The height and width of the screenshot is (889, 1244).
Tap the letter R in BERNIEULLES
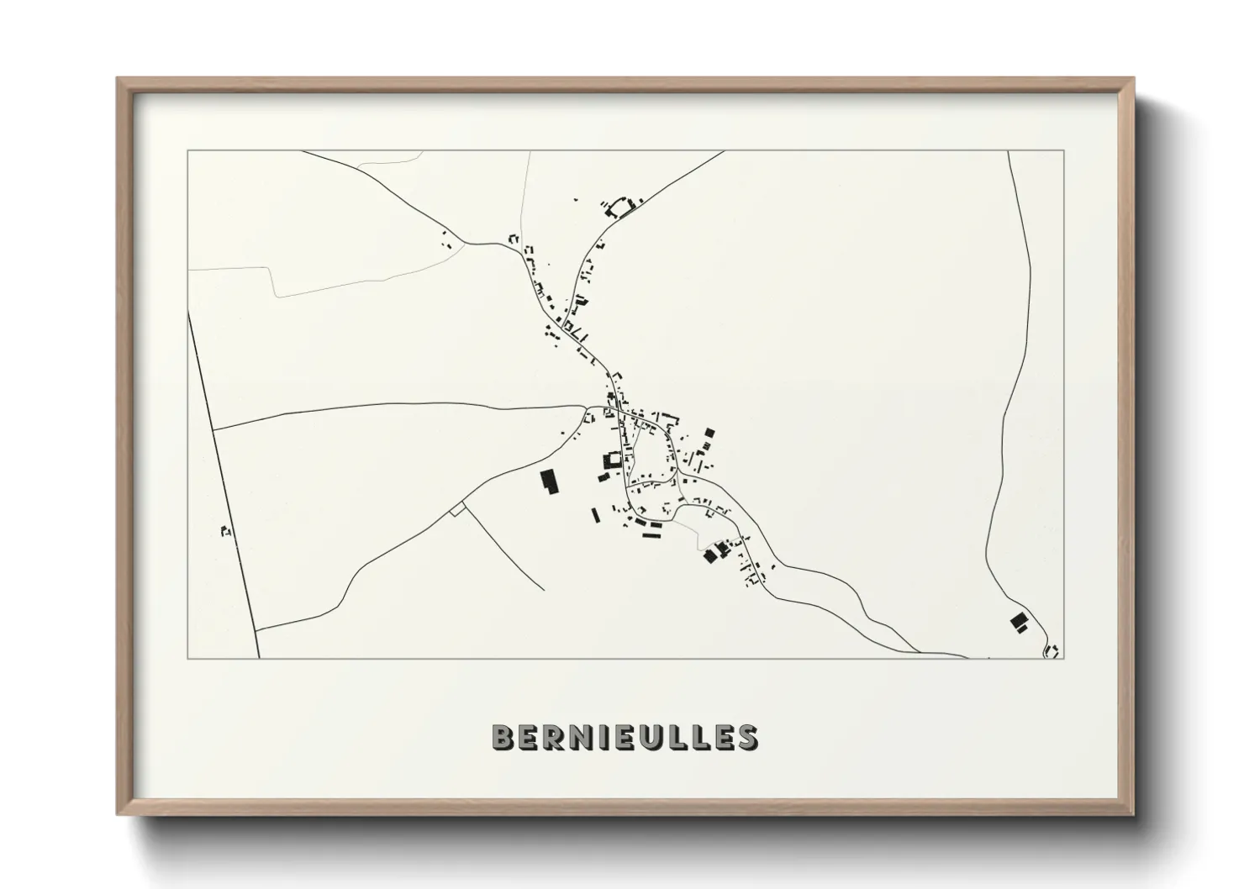click(x=554, y=737)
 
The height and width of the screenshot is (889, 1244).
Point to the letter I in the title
click(x=602, y=737)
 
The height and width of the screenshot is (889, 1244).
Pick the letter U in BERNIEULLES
click(x=648, y=737)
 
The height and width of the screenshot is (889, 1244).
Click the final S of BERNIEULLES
click(x=745, y=737)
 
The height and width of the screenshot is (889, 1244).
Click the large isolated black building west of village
click(x=549, y=482)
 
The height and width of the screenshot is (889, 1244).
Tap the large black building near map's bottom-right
click(x=1019, y=622)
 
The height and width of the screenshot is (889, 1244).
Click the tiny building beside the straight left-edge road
click(x=224, y=530)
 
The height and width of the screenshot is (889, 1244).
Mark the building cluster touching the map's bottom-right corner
click(x=1051, y=650)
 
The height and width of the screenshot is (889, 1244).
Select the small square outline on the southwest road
click(x=457, y=508)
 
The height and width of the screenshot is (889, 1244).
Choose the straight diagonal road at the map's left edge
click(x=223, y=487)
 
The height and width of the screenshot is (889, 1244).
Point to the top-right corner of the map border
click(x=1064, y=151)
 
